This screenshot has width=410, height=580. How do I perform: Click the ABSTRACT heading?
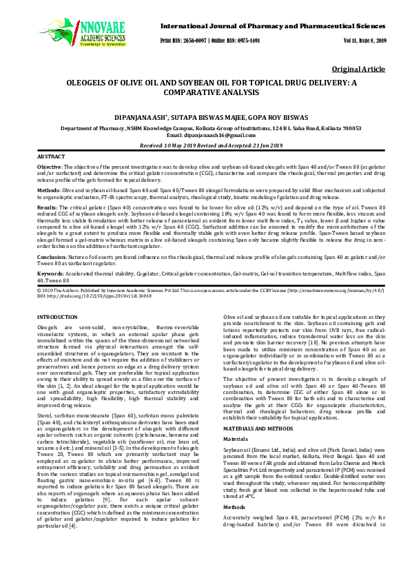click(x=50, y=157)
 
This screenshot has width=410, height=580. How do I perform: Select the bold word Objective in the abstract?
click(x=49, y=167)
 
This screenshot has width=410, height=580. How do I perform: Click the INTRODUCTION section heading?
click(x=57, y=316)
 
